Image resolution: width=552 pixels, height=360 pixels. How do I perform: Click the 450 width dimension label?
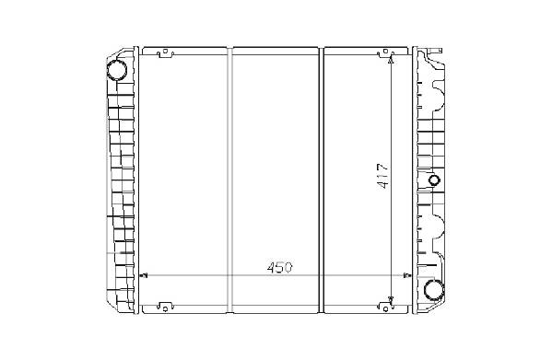(280, 268)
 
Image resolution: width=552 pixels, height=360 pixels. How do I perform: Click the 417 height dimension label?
(382, 176)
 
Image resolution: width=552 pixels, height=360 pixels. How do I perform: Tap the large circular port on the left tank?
(117, 70)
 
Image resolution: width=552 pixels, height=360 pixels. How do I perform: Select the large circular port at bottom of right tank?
(434, 290)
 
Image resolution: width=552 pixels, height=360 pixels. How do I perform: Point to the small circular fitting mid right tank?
(434, 180)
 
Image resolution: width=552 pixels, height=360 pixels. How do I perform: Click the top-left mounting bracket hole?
(165, 52)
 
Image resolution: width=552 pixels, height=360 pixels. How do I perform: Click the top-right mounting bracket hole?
(385, 52)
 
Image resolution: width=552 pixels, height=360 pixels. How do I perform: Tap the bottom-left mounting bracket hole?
(165, 309)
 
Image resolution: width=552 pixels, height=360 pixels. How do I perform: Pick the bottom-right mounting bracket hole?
(385, 309)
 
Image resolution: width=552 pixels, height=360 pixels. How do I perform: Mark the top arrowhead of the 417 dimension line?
(391, 60)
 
